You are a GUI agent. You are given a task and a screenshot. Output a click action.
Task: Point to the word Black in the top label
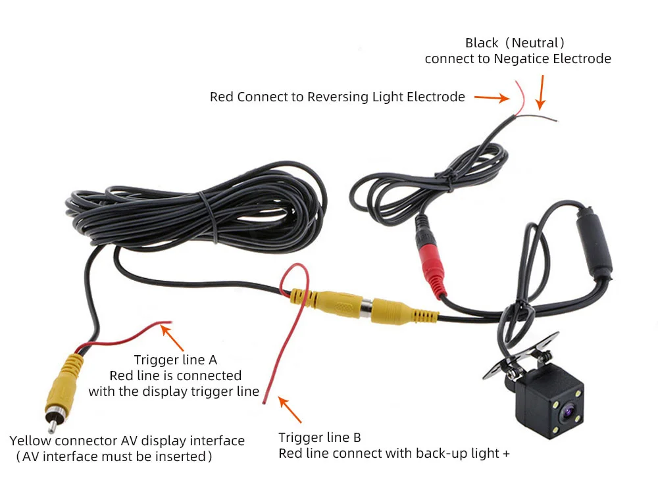click(482, 43)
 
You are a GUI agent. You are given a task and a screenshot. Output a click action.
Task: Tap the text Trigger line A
click(175, 360)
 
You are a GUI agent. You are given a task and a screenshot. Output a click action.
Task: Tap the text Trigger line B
click(319, 438)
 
